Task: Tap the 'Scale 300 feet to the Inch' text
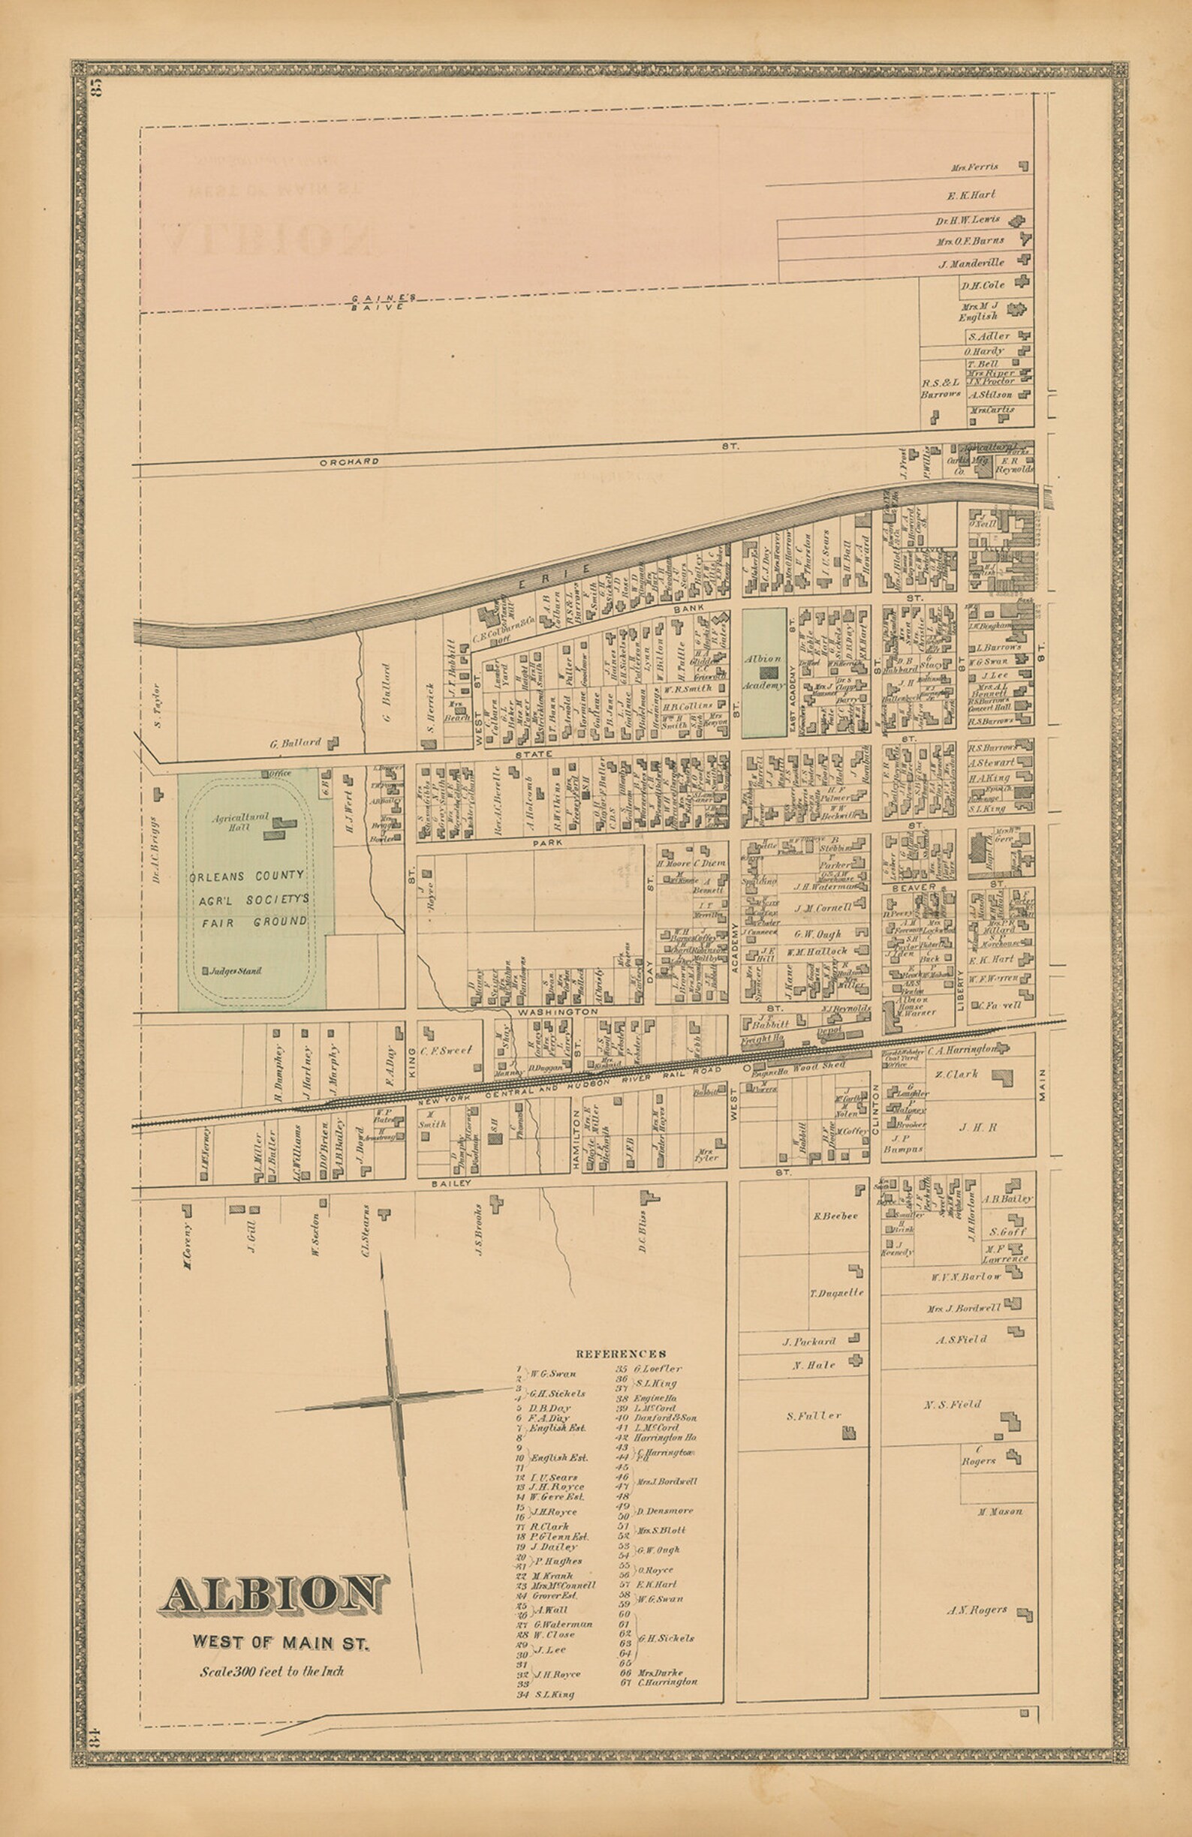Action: [x=271, y=1672]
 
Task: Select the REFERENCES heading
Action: [x=621, y=1353]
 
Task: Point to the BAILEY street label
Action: [x=451, y=1183]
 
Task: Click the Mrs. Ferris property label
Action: [x=978, y=167]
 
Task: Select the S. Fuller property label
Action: [x=813, y=1415]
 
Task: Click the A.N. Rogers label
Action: [x=977, y=1610]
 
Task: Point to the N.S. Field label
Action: [x=952, y=1404]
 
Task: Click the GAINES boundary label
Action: [x=384, y=298]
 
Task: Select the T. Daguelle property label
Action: [x=835, y=1293]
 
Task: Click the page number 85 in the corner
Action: [x=97, y=87]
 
